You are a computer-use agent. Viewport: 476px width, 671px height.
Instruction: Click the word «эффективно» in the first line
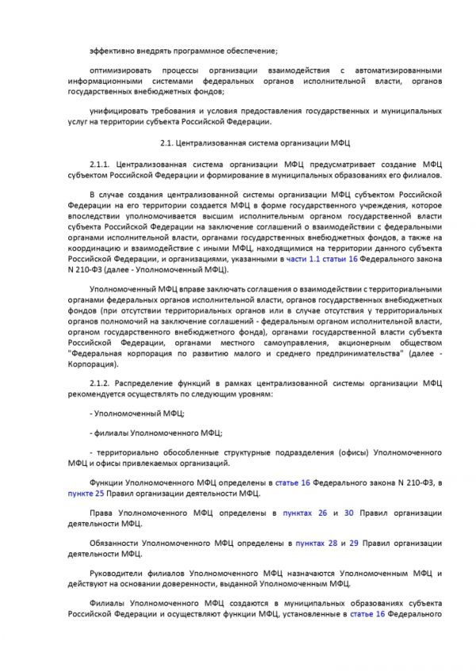point(112,51)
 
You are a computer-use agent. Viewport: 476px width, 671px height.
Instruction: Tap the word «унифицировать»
point(117,112)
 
